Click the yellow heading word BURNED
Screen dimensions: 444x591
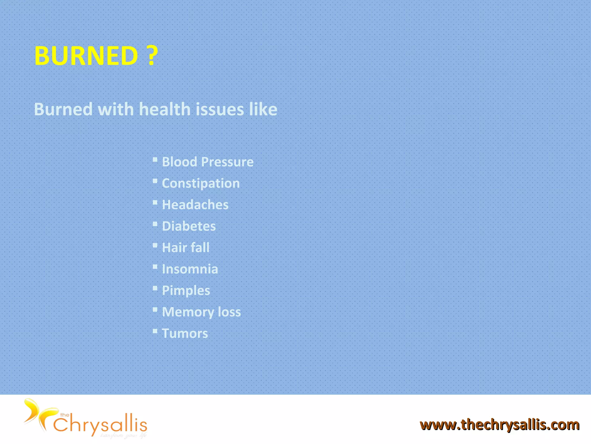click(86, 55)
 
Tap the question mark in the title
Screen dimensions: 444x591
click(152, 55)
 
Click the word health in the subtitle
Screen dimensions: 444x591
click(164, 109)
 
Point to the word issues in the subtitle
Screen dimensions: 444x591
click(220, 109)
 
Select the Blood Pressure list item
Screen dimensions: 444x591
click(207, 162)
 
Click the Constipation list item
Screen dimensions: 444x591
click(201, 183)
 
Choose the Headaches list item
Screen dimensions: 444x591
click(195, 205)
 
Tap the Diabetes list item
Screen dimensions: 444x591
click(189, 226)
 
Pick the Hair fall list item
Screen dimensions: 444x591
click(186, 247)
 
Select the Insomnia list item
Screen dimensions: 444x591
click(190, 269)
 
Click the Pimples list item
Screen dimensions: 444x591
click(186, 291)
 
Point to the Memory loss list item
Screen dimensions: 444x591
click(201, 312)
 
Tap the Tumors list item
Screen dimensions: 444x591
click(185, 333)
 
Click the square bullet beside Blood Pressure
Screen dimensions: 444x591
click(155, 160)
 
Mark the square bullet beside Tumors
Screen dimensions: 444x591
click(155, 331)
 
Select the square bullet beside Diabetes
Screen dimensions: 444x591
click(155, 224)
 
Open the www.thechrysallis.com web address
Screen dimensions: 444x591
click(500, 425)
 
